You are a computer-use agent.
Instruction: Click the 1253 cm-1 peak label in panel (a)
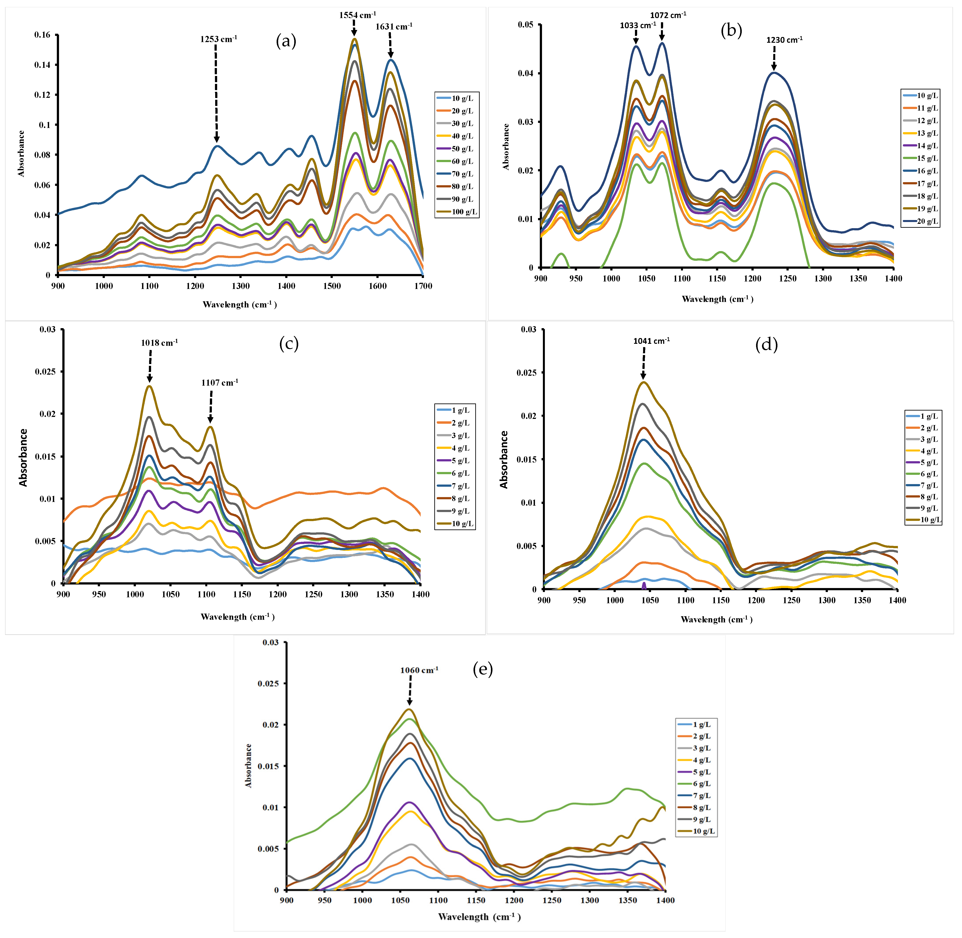click(218, 39)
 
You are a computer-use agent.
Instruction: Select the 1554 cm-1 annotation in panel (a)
click(357, 15)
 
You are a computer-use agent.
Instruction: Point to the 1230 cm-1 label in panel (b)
click(784, 40)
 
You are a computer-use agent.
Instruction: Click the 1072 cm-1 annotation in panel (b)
click(668, 15)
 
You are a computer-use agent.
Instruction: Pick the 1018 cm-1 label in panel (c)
click(159, 343)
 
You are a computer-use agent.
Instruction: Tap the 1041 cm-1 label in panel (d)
click(651, 341)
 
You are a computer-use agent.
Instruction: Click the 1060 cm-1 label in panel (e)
click(419, 670)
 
